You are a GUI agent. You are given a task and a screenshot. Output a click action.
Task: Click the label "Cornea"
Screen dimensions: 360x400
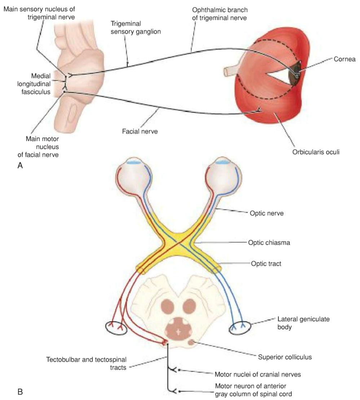[x=344, y=59]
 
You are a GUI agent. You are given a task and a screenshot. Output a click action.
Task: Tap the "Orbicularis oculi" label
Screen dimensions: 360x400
[x=316, y=152]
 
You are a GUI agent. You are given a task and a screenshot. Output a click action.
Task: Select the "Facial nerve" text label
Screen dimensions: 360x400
[x=140, y=132]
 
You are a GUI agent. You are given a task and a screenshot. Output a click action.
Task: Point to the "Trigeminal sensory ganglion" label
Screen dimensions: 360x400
[x=136, y=27]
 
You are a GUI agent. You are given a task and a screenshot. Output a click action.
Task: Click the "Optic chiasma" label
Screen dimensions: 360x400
[x=269, y=243]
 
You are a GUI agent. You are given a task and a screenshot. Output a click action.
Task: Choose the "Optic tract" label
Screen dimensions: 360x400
[x=266, y=263]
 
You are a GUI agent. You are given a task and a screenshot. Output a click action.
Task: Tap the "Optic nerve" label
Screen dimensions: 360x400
[x=267, y=213]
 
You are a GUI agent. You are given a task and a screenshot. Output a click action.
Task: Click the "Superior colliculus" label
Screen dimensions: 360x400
[x=285, y=357]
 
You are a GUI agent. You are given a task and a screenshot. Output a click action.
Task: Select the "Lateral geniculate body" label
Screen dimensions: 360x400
[x=303, y=323]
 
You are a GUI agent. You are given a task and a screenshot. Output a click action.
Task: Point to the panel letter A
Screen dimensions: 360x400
[x=20, y=165]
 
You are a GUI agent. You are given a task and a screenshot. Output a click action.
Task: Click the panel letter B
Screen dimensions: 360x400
[x=20, y=392]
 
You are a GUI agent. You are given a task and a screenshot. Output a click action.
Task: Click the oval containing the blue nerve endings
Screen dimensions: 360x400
[x=240, y=328]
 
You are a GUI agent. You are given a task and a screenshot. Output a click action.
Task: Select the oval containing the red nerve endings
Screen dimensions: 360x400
[x=116, y=328]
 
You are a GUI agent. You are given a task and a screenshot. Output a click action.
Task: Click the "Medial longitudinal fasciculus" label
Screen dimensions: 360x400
[x=34, y=84]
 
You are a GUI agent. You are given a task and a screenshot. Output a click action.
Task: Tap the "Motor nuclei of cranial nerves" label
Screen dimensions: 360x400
[x=258, y=374]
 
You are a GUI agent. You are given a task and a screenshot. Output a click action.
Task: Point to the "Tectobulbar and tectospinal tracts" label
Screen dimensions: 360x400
[x=86, y=364]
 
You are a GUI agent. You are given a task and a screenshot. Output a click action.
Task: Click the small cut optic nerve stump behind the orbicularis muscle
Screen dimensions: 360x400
[x=230, y=72]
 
